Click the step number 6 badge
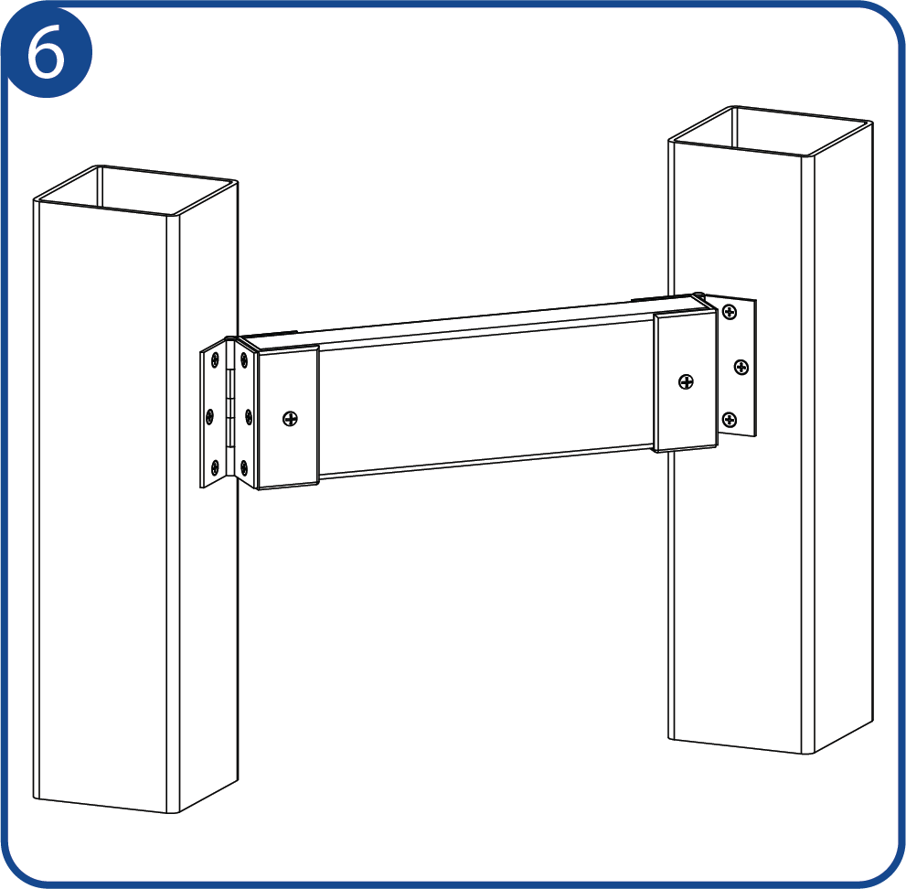point(47,52)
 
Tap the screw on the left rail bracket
point(290,419)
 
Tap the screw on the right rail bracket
point(686,381)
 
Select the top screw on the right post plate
point(730,314)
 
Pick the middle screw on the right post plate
point(741,367)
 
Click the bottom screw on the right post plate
point(730,419)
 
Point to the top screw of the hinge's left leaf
point(215,360)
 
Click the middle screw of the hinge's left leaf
point(209,415)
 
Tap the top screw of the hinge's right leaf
point(244,360)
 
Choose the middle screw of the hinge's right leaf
point(249,415)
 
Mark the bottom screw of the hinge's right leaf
point(244,466)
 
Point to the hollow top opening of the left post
point(136,191)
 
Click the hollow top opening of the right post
point(771,131)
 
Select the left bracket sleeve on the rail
point(288,417)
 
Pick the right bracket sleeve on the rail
point(686,380)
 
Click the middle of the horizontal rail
point(485,399)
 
